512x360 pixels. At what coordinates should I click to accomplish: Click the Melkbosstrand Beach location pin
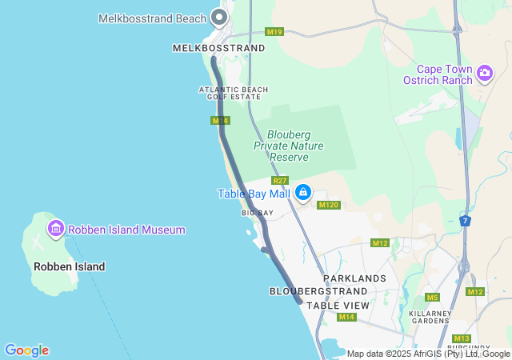pyautogui.click(x=218, y=18)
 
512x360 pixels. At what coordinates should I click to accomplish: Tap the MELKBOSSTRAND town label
pyautogui.click(x=218, y=48)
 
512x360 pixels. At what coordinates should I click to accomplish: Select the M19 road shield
pyautogui.click(x=274, y=32)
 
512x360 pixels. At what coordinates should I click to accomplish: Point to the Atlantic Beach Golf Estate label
pyautogui.click(x=234, y=93)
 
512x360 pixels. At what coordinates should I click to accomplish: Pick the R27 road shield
pyautogui.click(x=279, y=181)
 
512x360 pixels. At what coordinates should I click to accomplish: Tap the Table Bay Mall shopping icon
pyautogui.click(x=303, y=193)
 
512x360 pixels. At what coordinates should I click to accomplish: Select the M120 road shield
pyautogui.click(x=329, y=205)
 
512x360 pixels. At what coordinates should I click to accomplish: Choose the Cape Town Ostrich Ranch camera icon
pyautogui.click(x=484, y=74)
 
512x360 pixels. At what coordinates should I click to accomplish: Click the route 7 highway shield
pyautogui.click(x=466, y=220)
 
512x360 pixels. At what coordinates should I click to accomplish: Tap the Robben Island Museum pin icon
pyautogui.click(x=56, y=230)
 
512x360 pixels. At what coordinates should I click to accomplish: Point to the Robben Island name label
pyautogui.click(x=69, y=266)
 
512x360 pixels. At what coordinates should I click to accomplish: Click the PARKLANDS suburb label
pyautogui.click(x=354, y=278)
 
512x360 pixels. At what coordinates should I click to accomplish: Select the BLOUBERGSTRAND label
pyautogui.click(x=318, y=291)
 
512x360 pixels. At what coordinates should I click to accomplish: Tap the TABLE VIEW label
pyautogui.click(x=338, y=306)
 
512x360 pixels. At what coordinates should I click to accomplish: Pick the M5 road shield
pyautogui.click(x=432, y=298)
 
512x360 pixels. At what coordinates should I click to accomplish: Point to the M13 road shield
pyautogui.click(x=462, y=338)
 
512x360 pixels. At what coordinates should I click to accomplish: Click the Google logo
pyautogui.click(x=26, y=350)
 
